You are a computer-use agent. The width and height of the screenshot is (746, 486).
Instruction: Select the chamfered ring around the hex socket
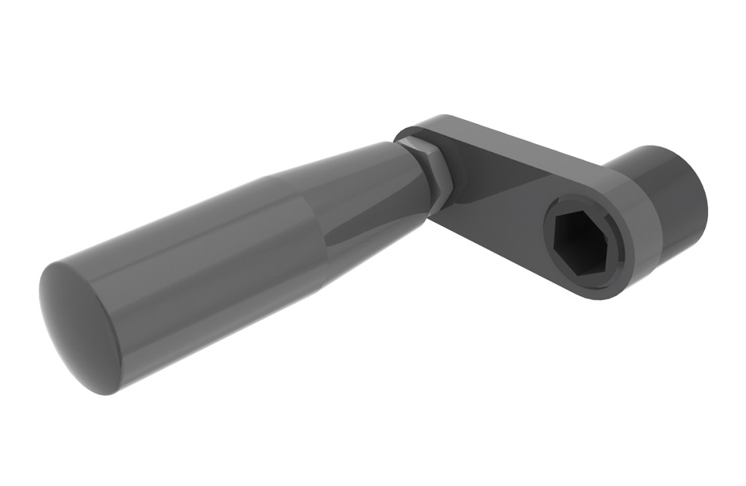[x=552, y=257]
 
